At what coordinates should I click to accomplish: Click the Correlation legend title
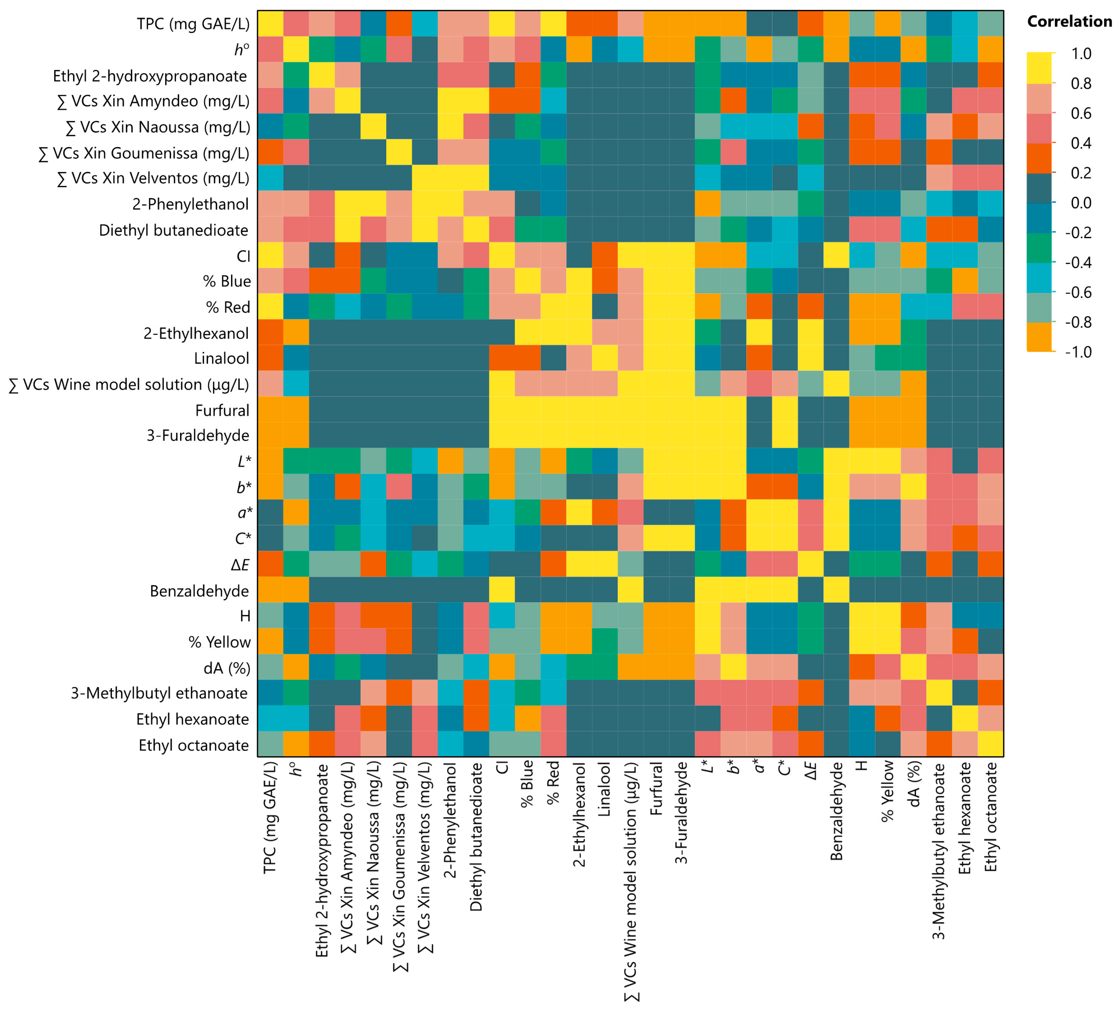[x=1069, y=22]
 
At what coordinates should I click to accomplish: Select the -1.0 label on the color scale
[x=1078, y=352]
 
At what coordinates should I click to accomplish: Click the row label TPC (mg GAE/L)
[x=193, y=24]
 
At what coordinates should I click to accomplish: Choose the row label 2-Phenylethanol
[x=190, y=205]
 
